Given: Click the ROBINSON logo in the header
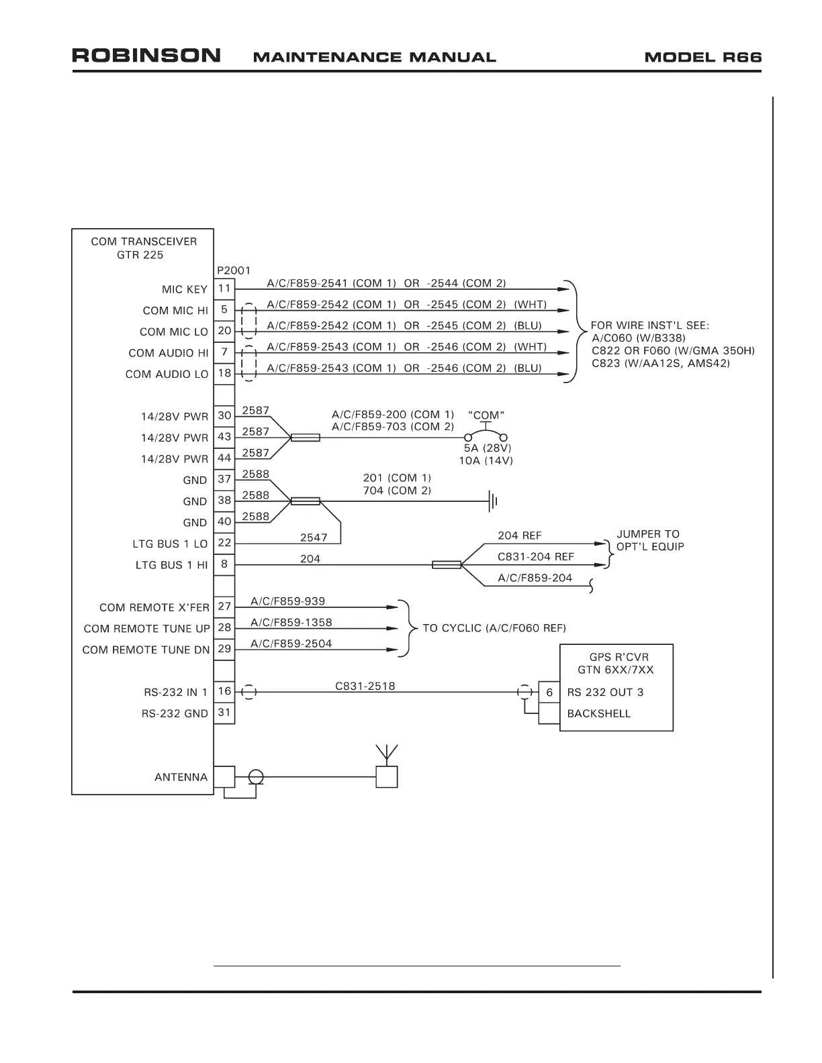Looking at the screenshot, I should [x=146, y=56].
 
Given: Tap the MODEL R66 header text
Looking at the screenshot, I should [x=702, y=57].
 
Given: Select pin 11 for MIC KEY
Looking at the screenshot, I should [x=224, y=289].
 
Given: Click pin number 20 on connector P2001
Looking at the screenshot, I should [x=224, y=331].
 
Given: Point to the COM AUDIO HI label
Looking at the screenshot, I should [x=169, y=353].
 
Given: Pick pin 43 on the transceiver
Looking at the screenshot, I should [x=224, y=437].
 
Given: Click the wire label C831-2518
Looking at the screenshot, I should [x=365, y=686].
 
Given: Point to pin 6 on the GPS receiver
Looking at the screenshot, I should [x=549, y=693].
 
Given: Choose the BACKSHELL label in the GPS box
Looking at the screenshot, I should [x=599, y=713].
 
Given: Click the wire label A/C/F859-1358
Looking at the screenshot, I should [x=291, y=622].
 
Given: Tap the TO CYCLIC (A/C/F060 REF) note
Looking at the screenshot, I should [x=494, y=628].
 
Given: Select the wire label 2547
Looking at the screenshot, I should [x=314, y=538].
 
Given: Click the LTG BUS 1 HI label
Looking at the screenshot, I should [x=172, y=565].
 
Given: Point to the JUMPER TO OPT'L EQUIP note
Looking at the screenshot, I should [x=649, y=540].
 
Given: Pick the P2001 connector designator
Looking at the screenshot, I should [x=234, y=270].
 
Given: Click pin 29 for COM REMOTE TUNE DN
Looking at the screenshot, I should [x=224, y=649].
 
